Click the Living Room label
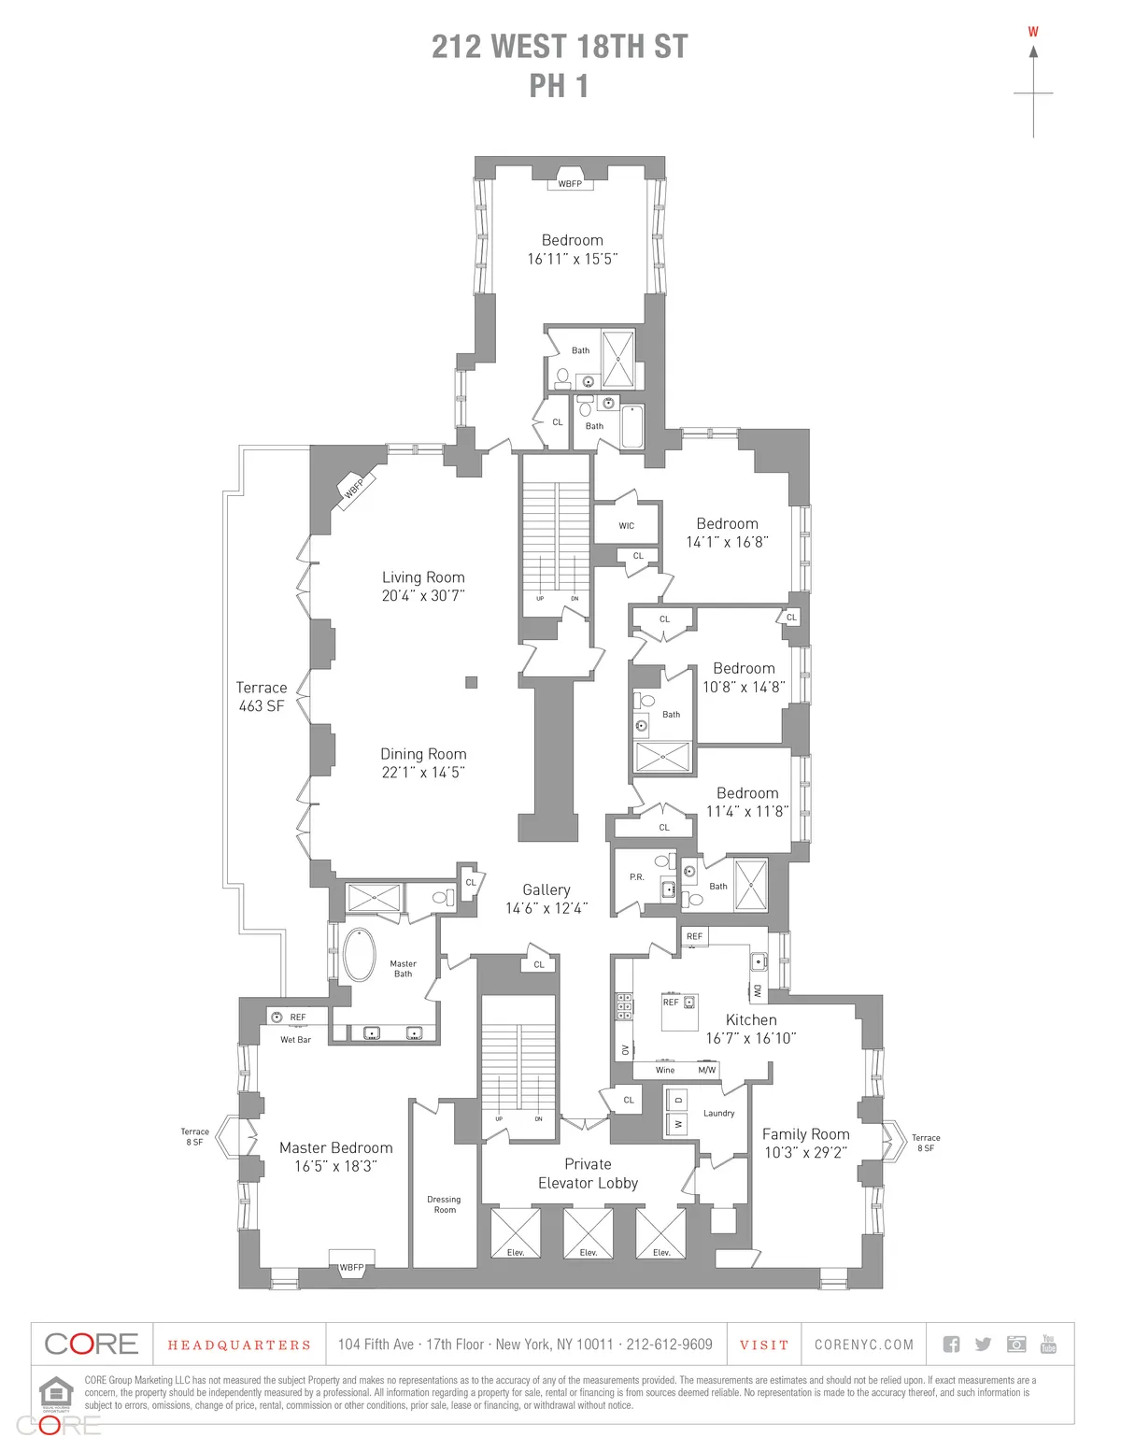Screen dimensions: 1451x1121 [423, 577]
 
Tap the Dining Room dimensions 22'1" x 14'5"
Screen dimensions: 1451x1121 [423, 773]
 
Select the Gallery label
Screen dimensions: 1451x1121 [546, 890]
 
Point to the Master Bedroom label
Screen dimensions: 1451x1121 [336, 1148]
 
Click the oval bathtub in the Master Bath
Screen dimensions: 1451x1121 [360, 955]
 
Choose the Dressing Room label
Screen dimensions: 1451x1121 [445, 1204]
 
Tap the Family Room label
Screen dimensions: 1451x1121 [806, 1134]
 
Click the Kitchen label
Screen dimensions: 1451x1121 [751, 1020]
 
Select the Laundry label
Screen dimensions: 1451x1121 [719, 1114]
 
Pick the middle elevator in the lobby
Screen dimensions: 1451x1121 [589, 1233]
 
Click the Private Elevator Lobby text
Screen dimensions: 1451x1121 [589, 1174]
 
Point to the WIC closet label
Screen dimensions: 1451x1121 [627, 526]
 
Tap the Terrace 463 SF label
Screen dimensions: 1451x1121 [262, 697]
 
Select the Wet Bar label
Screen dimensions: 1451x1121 [296, 1040]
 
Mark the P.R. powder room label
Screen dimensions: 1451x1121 [637, 877]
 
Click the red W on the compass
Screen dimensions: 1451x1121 [1033, 32]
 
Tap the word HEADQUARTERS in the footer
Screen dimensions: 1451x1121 [239, 1345]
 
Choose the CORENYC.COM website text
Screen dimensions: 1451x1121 [864, 1345]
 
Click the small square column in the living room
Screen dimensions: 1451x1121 [472, 683]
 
